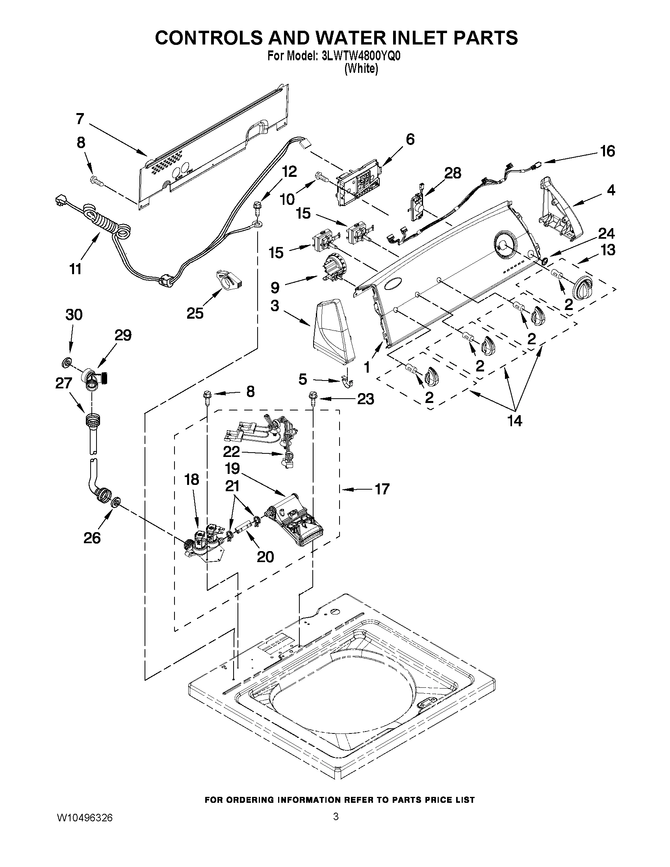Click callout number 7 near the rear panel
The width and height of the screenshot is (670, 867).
coord(80,118)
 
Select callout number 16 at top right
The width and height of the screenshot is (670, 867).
coord(607,151)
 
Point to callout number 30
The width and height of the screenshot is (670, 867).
coord(74,315)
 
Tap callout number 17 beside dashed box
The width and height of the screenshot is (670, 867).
coord(382,489)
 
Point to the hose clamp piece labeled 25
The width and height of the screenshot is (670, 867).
coord(229,280)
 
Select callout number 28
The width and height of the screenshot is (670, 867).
coord(453,173)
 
